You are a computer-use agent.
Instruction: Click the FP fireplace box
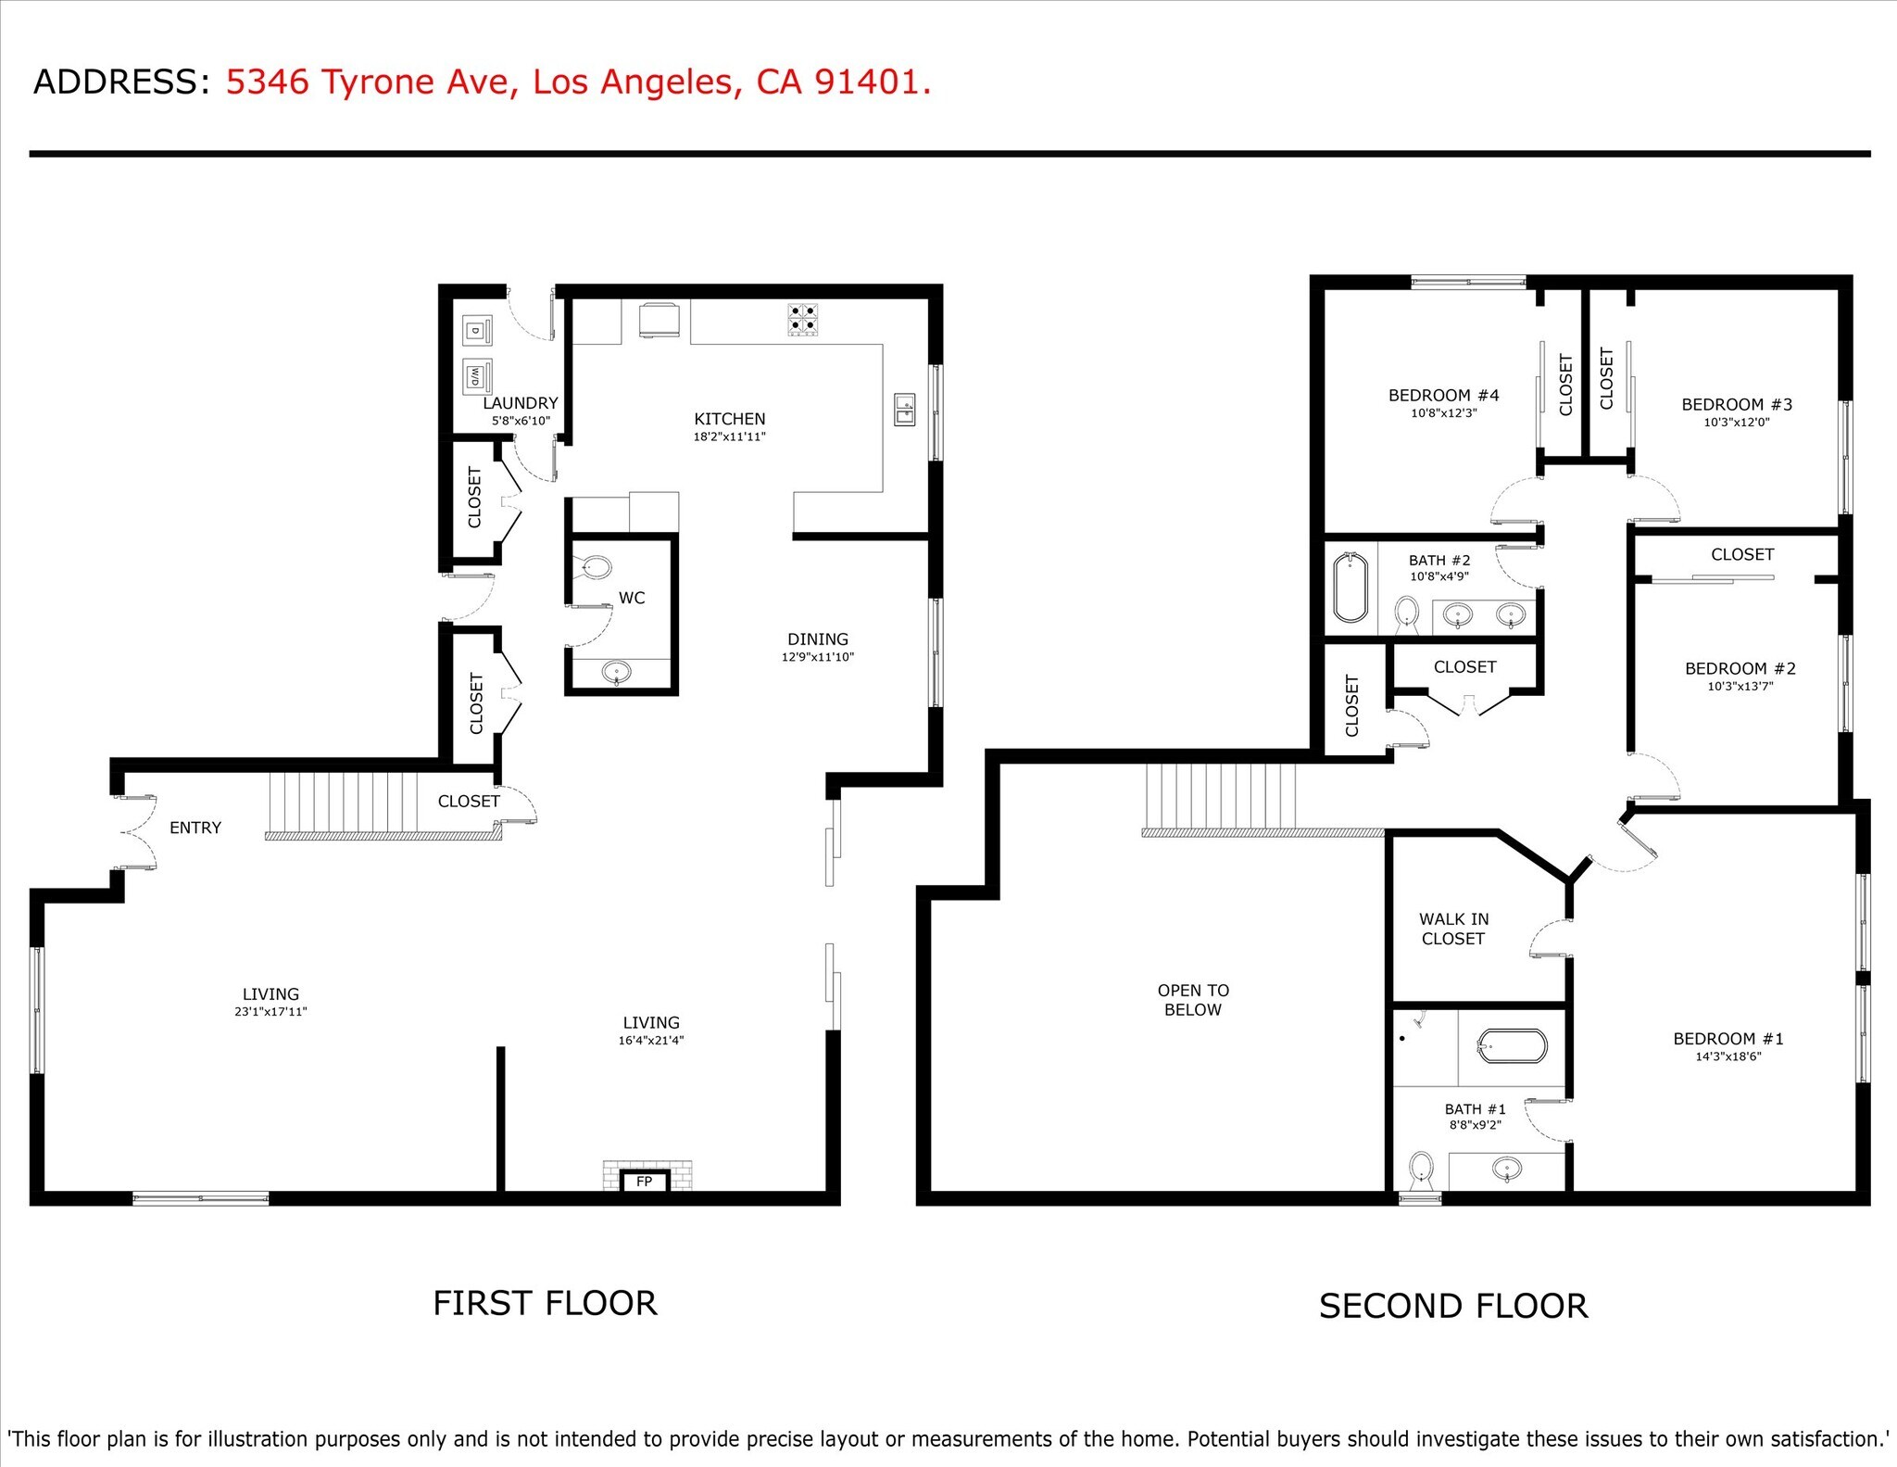pos(644,1181)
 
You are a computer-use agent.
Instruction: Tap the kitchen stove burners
pos(802,319)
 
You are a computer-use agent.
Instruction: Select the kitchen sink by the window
pos(904,409)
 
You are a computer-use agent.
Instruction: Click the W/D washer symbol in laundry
pos(476,376)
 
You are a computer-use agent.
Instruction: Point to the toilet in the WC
pos(595,567)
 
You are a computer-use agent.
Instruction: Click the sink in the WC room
pos(617,671)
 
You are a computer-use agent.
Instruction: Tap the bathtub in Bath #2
pos(1351,587)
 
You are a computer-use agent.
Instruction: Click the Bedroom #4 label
pos(1443,396)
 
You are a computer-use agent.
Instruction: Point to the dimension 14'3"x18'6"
pos(1727,1056)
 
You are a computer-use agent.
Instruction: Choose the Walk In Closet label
pos(1453,929)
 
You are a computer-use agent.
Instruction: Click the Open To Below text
pos(1193,1000)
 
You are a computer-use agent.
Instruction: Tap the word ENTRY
pos(195,828)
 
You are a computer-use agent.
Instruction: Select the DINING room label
pos(818,639)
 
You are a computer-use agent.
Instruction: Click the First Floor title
pos(545,1303)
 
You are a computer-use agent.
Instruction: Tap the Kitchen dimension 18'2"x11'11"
pos(730,436)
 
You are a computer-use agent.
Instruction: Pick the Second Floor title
pos(1452,1306)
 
